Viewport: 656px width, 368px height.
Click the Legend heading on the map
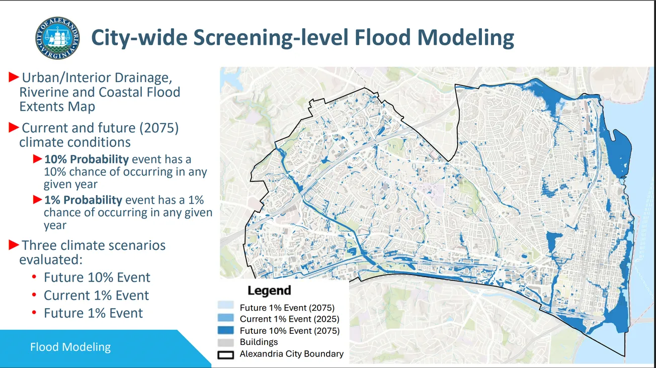(269, 291)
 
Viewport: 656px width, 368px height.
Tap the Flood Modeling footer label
(70, 347)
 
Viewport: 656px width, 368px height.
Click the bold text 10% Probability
(87, 159)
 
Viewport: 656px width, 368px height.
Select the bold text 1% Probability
(83, 200)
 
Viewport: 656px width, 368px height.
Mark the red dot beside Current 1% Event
(34, 295)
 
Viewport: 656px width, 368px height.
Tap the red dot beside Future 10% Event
(34, 278)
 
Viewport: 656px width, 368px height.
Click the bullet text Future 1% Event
(93, 313)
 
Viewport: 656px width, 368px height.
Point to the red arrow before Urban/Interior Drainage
(14, 77)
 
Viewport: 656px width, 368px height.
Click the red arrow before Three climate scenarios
(14, 245)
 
